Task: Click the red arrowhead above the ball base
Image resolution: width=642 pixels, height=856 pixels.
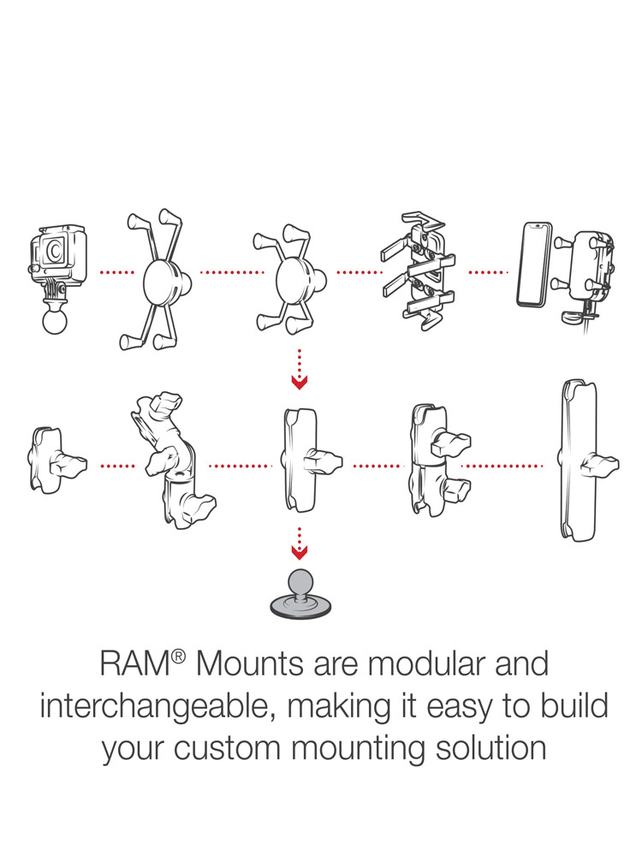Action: pyautogui.click(x=299, y=553)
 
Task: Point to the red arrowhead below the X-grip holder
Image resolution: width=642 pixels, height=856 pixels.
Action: pyautogui.click(x=299, y=380)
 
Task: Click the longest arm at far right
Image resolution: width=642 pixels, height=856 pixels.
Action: pyautogui.click(x=578, y=462)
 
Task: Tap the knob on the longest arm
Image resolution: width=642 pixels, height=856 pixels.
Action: pyautogui.click(x=599, y=467)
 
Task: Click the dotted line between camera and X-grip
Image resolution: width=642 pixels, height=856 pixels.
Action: pyautogui.click(x=116, y=273)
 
